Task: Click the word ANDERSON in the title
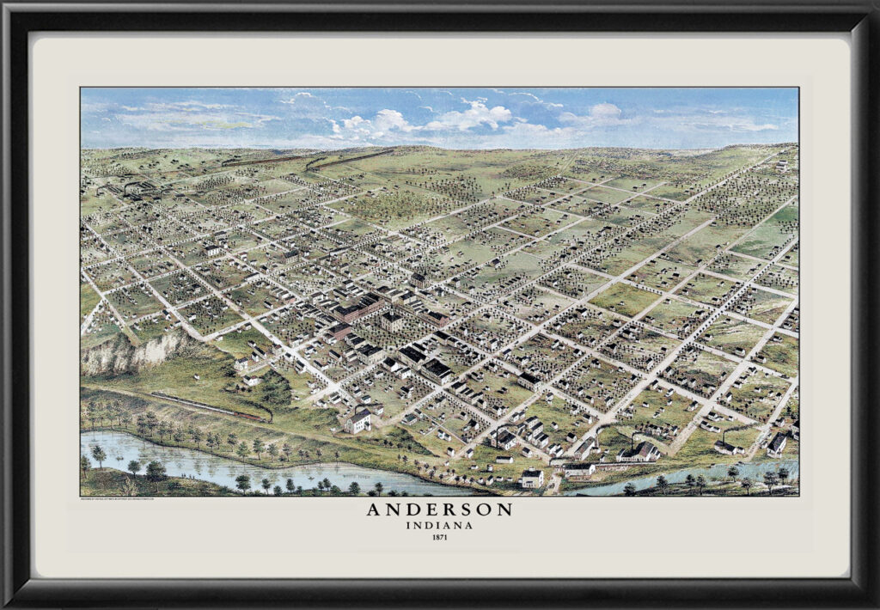(x=439, y=509)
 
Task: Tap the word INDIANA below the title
(x=439, y=525)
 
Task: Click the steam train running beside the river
(x=206, y=406)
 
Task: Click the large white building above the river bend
(x=357, y=420)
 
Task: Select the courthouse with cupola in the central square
(x=392, y=320)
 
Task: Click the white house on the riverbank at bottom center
(x=532, y=478)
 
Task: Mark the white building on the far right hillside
(x=778, y=443)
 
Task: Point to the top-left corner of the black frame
(x=7, y=7)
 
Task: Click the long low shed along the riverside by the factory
(x=579, y=469)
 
